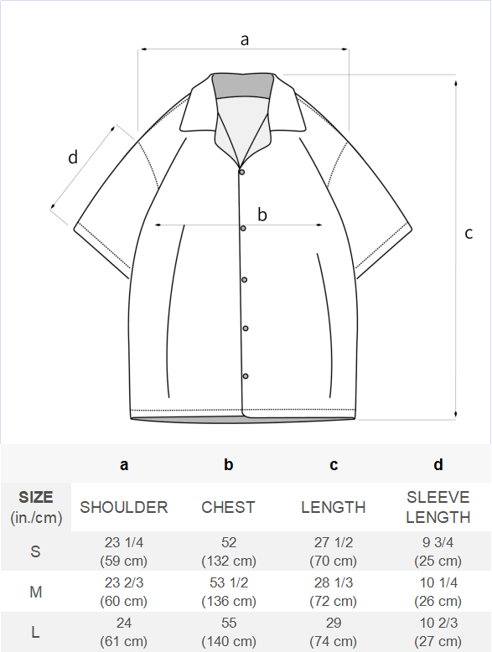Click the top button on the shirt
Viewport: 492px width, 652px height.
(241, 172)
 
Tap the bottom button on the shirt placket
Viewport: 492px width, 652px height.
(246, 376)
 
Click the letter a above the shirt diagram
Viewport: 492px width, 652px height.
(245, 40)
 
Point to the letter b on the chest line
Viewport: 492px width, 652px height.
(262, 215)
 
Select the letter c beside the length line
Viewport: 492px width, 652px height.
(469, 233)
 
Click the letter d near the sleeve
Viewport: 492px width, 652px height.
(73, 158)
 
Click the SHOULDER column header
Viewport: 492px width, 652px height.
(124, 507)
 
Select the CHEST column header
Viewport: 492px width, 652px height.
(228, 507)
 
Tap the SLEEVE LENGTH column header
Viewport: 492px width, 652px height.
(438, 507)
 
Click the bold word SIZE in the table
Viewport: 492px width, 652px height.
(36, 497)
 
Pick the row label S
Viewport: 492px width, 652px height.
(35, 551)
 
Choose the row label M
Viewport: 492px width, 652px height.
(36, 592)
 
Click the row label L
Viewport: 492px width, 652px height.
(36, 633)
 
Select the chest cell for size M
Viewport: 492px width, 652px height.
(229, 592)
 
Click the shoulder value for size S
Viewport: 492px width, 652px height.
(124, 551)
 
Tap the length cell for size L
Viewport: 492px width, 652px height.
(334, 632)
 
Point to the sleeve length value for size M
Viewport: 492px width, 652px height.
(438, 592)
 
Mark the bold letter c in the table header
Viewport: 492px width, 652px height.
(334, 465)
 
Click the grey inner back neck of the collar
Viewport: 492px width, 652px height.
(242, 86)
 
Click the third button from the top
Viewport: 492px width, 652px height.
(244, 280)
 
